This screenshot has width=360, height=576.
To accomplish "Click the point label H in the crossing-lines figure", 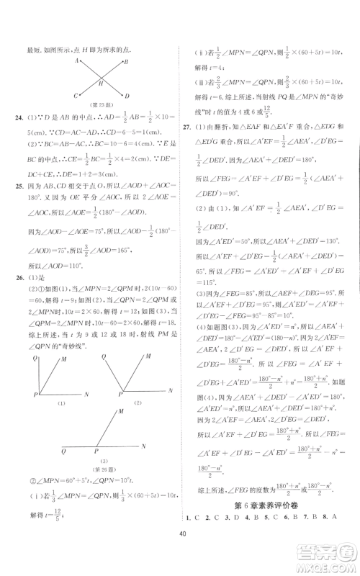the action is click(101, 84).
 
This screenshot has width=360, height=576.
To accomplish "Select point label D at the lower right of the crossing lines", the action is click(127, 96).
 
